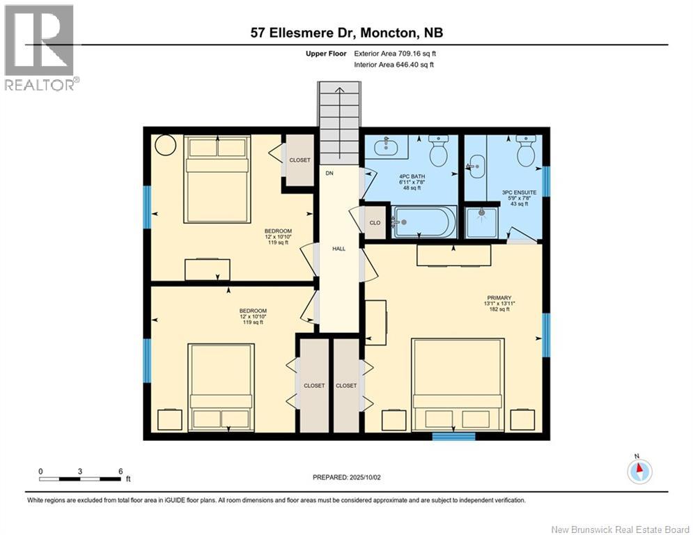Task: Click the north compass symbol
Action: coord(639,471)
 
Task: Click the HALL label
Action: coord(338,249)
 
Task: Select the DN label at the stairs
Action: coord(330,173)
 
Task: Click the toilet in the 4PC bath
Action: coord(439,150)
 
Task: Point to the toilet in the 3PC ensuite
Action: coord(525,150)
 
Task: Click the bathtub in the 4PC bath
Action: coord(424,222)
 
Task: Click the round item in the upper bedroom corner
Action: coord(166,146)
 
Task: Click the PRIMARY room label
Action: coord(499,298)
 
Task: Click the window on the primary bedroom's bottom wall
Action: coord(453,437)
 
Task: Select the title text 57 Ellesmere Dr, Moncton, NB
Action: coord(346,32)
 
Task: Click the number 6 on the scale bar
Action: coord(120,471)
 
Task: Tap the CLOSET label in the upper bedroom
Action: coord(299,160)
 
